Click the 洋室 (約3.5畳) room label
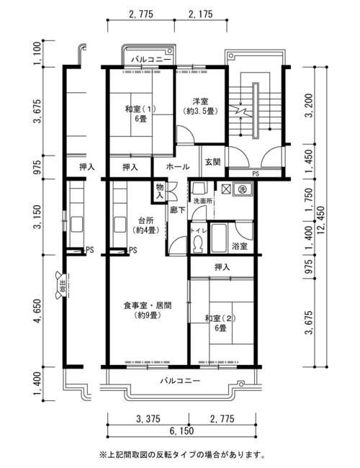(200, 107)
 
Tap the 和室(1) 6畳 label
(140, 114)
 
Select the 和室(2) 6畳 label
(220, 323)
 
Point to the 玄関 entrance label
(212, 162)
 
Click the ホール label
(178, 166)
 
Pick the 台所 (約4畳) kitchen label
(145, 225)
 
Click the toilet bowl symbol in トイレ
(197, 243)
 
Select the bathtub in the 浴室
(219, 238)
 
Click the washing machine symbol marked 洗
(242, 189)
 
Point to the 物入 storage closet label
(160, 192)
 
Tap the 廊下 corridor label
(177, 210)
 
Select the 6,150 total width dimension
(181, 431)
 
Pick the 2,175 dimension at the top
(201, 14)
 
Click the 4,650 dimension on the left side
(38, 311)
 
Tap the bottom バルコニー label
(180, 381)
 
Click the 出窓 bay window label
(63, 285)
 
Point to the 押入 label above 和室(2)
(222, 267)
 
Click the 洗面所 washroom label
(203, 201)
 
